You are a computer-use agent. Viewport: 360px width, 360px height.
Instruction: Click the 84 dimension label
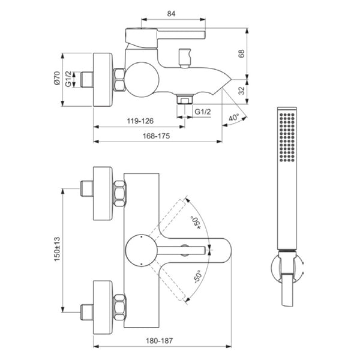pos(171,14)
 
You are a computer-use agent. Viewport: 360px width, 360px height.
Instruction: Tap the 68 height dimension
pos(242,53)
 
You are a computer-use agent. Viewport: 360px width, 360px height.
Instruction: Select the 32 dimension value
pos(242,91)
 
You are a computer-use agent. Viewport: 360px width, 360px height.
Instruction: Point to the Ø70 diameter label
pos(57,78)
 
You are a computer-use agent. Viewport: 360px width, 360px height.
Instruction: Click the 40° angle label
pos(234,118)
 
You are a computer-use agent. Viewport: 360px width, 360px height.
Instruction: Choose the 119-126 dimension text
pos(140,121)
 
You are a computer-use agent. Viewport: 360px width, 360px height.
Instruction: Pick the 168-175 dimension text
pos(157,136)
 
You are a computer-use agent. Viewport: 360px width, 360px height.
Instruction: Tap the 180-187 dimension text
pos(160,341)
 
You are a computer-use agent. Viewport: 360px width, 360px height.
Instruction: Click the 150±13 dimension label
pos(57,249)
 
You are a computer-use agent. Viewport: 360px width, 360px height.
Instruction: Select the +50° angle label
pos(196,223)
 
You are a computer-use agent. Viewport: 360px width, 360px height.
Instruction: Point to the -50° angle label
pos(197,277)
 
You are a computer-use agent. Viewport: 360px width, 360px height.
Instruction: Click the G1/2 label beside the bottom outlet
pos(203,112)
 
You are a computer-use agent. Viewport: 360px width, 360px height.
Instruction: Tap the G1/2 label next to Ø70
pos(68,79)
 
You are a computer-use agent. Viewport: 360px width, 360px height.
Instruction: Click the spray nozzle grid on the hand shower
pos(287,137)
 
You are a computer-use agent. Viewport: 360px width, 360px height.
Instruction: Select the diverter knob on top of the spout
pos(185,58)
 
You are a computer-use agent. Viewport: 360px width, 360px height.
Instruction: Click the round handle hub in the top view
pos(142,251)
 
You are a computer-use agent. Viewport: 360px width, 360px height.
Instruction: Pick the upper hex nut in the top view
pos(120,193)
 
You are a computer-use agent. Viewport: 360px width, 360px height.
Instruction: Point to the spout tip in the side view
pos(230,79)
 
